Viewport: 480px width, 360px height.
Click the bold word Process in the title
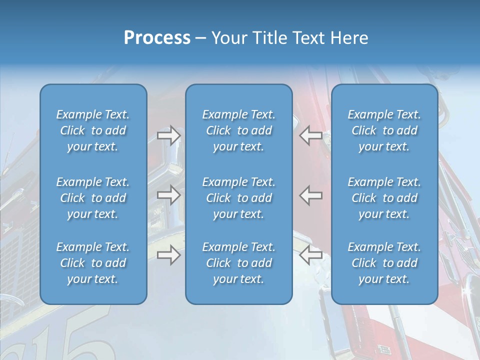pyautogui.click(x=157, y=38)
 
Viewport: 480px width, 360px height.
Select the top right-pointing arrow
pyautogui.click(x=168, y=135)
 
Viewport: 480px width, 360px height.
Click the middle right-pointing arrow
pyautogui.click(x=168, y=195)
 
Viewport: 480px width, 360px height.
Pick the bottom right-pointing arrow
pyautogui.click(x=168, y=255)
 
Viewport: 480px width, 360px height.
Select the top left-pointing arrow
pyautogui.click(x=311, y=135)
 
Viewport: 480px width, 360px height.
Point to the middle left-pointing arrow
pyautogui.click(x=311, y=195)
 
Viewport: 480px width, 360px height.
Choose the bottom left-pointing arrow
pyautogui.click(x=311, y=255)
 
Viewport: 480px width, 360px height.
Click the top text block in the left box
pyautogui.click(x=93, y=130)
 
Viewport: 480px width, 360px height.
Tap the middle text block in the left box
pyautogui.click(x=93, y=198)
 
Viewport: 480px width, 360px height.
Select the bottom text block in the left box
pyautogui.click(x=93, y=263)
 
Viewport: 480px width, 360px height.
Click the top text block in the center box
pyautogui.click(x=238, y=130)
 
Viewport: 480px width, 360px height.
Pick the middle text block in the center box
pyautogui.click(x=238, y=198)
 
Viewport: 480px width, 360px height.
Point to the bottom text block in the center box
pyautogui.click(x=238, y=263)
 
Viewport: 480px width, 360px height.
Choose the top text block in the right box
pyautogui.click(x=384, y=130)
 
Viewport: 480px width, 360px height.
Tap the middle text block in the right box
pyautogui.click(x=384, y=198)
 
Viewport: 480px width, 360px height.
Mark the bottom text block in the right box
pyautogui.click(x=384, y=263)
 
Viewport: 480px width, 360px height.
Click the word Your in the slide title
pyautogui.click(x=228, y=38)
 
